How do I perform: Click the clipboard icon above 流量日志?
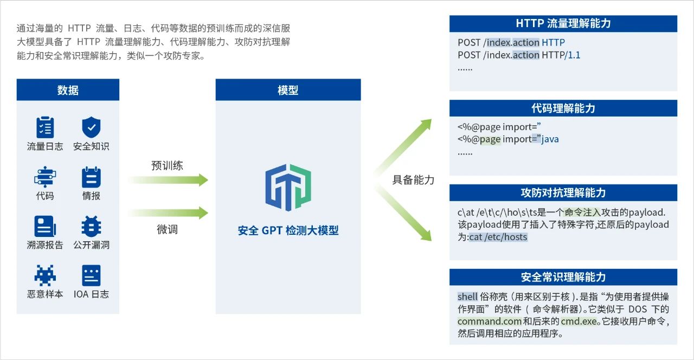tap(45, 127)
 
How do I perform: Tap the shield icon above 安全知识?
tap(91, 127)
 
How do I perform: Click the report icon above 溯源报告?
tap(45, 227)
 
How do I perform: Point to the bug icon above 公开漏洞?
tap(91, 227)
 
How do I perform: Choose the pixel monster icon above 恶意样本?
tap(45, 275)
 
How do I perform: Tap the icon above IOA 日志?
tap(91, 275)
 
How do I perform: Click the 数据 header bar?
tap(68, 90)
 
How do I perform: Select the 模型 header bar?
tap(288, 90)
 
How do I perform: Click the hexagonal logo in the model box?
tap(288, 188)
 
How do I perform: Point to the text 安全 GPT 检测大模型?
tap(288, 230)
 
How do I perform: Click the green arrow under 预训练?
tap(168, 180)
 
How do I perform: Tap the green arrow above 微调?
tap(168, 213)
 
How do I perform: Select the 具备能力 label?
tap(413, 180)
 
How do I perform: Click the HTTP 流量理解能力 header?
tap(563, 23)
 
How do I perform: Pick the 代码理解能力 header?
tap(563, 108)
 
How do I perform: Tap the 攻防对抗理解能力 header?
tap(563, 192)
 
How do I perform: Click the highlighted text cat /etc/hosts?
tap(498, 237)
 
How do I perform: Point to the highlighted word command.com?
tap(490, 322)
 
